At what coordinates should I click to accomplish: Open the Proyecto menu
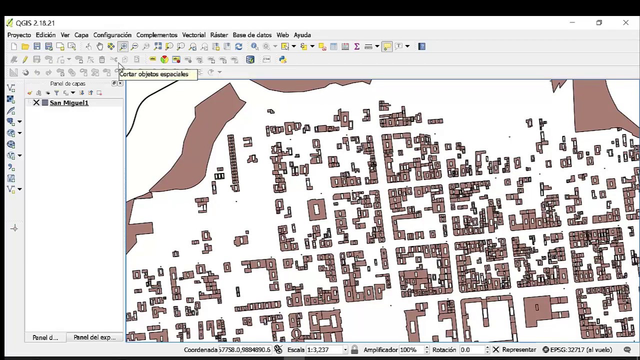[x=19, y=35]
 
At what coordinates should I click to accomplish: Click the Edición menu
[x=45, y=35]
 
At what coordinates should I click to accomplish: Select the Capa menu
[x=81, y=35]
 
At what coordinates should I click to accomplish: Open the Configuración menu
[x=112, y=35]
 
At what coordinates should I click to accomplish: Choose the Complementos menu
[x=156, y=35]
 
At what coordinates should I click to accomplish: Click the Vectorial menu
[x=193, y=35]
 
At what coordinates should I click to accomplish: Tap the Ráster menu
[x=219, y=35]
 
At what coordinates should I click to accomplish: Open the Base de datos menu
[x=252, y=35]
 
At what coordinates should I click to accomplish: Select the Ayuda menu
[x=302, y=35]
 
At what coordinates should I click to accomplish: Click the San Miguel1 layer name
[x=69, y=103]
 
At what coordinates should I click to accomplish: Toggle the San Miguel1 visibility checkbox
[x=36, y=103]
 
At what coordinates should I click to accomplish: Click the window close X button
[x=625, y=22]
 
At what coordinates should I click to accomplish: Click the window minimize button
[x=572, y=22]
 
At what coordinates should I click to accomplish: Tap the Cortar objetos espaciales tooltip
[x=154, y=74]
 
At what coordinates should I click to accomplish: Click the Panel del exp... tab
[x=94, y=337]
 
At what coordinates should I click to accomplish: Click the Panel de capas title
[x=67, y=83]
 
